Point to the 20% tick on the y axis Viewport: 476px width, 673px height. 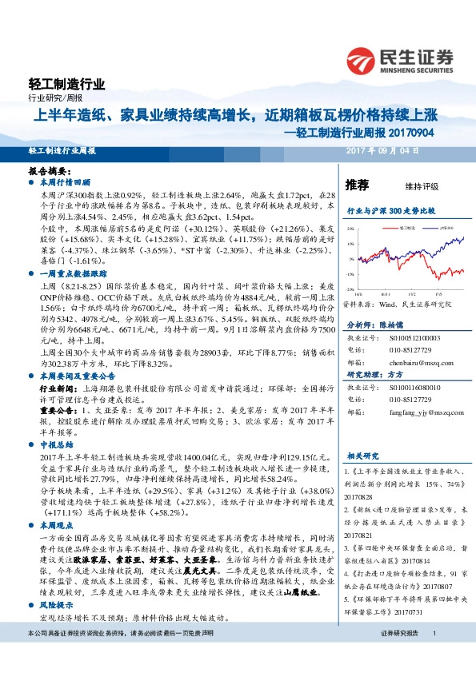(x=350, y=229)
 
